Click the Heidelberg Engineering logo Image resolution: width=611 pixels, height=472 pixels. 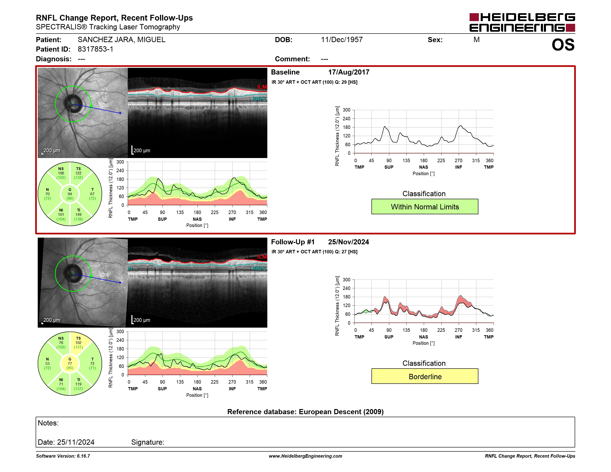pyautogui.click(x=522, y=22)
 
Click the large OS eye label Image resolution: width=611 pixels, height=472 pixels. pyautogui.click(x=563, y=45)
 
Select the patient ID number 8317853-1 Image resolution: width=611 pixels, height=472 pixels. pyautogui.click(x=95, y=49)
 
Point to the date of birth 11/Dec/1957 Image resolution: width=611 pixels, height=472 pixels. pyautogui.click(x=342, y=40)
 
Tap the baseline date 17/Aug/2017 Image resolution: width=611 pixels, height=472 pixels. pyautogui.click(x=349, y=72)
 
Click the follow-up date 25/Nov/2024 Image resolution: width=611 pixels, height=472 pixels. pyautogui.click(x=349, y=242)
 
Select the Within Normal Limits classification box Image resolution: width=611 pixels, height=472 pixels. pyautogui.click(x=425, y=207)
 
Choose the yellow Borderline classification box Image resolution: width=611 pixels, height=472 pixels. pyautogui.click(x=425, y=376)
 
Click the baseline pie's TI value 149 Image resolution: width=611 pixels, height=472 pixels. pyautogui.click(x=78, y=214)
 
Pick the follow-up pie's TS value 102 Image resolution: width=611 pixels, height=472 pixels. pyautogui.click(x=78, y=342)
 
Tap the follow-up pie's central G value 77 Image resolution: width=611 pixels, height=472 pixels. pyautogui.click(x=70, y=363)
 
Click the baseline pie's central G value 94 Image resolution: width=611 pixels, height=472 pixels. pyautogui.click(x=70, y=194)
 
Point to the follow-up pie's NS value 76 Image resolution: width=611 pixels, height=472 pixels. pyautogui.click(x=61, y=342)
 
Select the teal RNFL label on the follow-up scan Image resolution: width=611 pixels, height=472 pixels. pyautogui.click(x=260, y=268)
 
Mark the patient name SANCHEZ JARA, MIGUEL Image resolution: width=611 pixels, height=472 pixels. pyautogui.click(x=122, y=40)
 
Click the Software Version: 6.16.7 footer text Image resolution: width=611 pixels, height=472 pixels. pyautogui.click(x=63, y=456)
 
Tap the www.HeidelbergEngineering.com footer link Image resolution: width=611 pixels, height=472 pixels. pyautogui.click(x=305, y=456)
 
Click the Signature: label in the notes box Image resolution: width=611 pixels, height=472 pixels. pyautogui.click(x=148, y=442)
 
